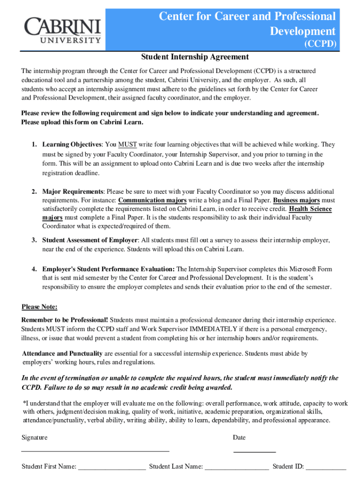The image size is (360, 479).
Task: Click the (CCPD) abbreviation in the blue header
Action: [x=320, y=44]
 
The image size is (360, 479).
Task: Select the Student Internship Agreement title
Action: [x=195, y=57]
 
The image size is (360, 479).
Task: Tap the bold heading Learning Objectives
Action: [x=72, y=145]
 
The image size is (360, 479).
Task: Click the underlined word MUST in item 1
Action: [x=127, y=145]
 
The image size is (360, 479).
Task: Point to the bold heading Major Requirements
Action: [x=73, y=192]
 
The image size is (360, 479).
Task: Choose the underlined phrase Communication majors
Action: [x=152, y=200]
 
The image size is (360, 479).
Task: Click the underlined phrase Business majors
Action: [x=296, y=200]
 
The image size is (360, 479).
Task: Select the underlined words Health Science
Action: [x=310, y=209]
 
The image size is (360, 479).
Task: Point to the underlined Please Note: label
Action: [x=40, y=307]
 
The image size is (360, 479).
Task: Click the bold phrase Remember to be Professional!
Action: [x=65, y=320]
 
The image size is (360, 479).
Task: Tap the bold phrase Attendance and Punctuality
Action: [x=63, y=354]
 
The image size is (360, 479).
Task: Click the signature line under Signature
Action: [x=95, y=450]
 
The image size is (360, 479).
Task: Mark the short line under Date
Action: [x=254, y=451]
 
